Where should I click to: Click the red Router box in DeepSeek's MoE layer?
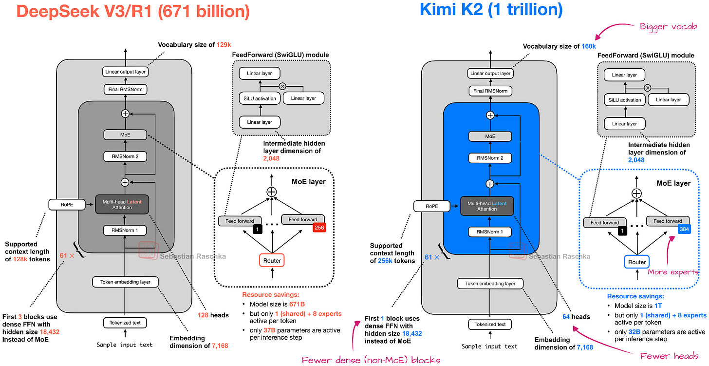pos(272,261)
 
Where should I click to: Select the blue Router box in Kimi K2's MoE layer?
pos(637,262)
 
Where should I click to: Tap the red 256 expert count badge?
pos(318,228)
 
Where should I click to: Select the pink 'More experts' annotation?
pos(673,272)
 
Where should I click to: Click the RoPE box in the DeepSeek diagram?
pos(67,206)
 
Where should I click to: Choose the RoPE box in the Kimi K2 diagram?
pos(431,207)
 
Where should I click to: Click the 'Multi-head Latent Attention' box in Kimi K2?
pos(487,206)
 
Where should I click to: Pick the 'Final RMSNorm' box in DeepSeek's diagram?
pos(125,90)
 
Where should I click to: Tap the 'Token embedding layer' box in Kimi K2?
pos(490,283)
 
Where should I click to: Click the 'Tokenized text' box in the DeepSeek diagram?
pos(125,323)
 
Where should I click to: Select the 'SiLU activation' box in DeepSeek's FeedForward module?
pos(260,98)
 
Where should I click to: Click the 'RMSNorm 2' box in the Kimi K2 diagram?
pos(490,158)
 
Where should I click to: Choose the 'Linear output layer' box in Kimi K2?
pos(490,74)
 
